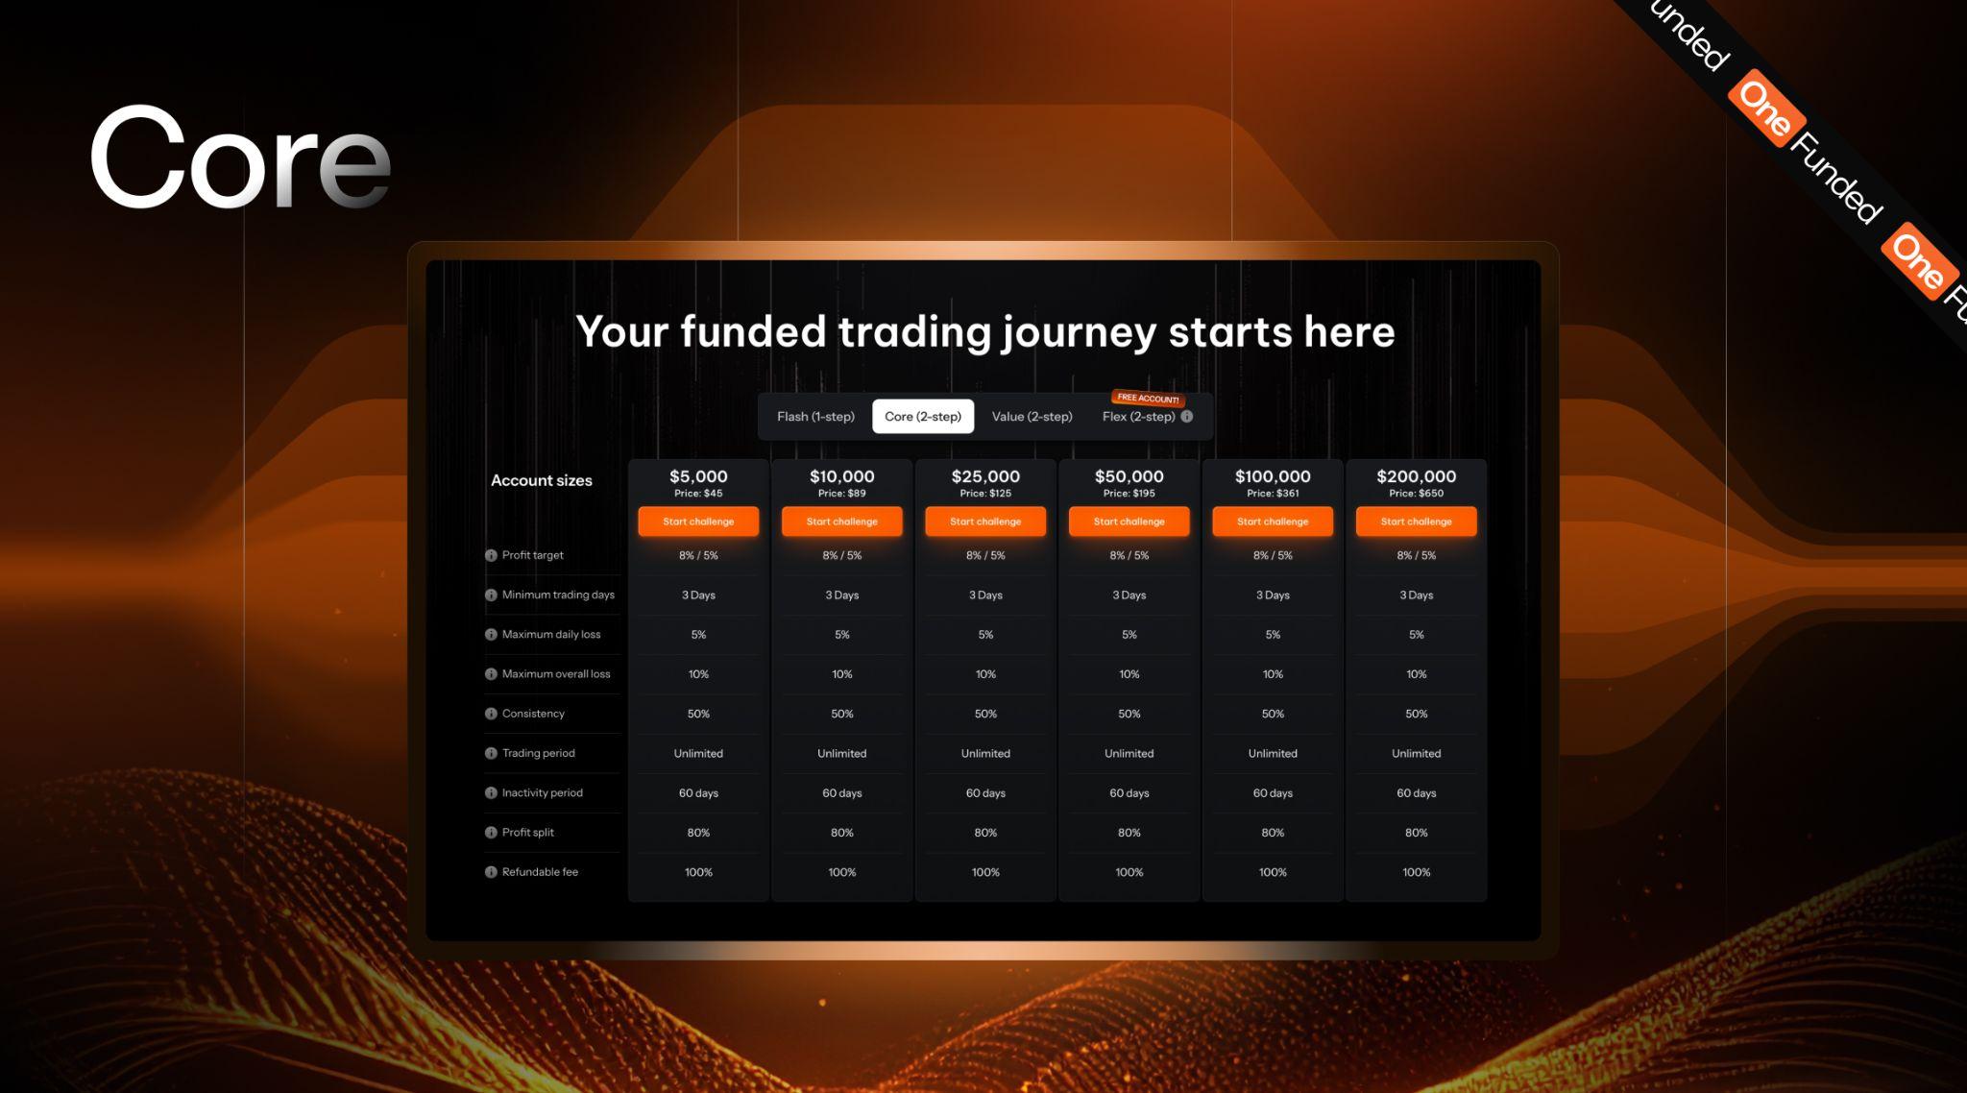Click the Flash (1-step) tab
point(815,417)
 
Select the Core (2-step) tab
point(922,417)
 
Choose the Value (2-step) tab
point(1032,417)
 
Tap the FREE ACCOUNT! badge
point(1148,398)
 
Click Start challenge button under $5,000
point(698,522)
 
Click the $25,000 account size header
point(985,476)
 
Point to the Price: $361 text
point(1273,494)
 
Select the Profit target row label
point(532,555)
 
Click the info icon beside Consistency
point(491,714)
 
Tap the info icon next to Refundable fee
point(491,872)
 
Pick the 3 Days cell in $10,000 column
point(841,595)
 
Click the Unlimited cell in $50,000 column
point(1129,754)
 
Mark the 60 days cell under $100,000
point(1273,793)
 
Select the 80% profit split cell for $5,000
point(698,833)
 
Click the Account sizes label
point(542,480)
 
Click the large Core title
point(240,158)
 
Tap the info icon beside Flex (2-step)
point(1187,417)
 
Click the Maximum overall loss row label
point(555,674)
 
